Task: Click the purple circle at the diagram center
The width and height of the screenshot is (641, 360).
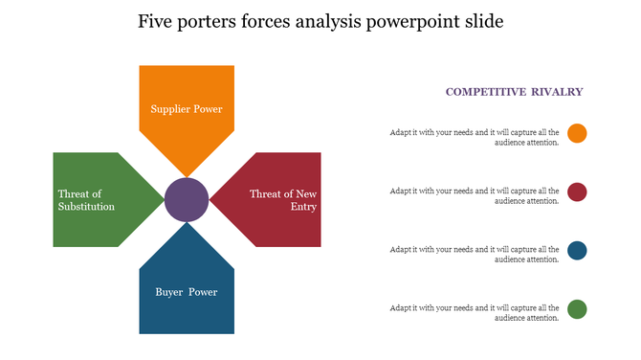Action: click(x=187, y=200)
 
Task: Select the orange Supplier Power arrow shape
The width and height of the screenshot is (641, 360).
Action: click(x=187, y=91)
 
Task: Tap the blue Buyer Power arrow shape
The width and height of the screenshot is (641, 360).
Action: click(x=187, y=306)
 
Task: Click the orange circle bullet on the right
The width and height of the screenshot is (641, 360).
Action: click(x=577, y=133)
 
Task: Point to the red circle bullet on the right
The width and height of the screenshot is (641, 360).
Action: click(x=577, y=192)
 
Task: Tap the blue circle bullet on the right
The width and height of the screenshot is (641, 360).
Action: click(x=577, y=251)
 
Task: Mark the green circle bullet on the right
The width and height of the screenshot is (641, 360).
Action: click(x=577, y=309)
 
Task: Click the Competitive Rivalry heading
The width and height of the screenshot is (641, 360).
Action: click(x=514, y=92)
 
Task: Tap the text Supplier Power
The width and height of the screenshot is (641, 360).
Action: click(x=187, y=109)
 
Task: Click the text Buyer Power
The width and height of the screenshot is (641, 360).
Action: click(x=187, y=292)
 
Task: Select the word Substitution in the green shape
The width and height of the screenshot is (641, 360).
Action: click(x=86, y=207)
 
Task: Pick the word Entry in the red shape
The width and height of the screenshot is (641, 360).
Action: click(x=305, y=207)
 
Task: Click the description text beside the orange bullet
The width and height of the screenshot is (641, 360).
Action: click(x=475, y=138)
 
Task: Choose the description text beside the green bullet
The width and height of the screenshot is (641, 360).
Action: click(x=475, y=313)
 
